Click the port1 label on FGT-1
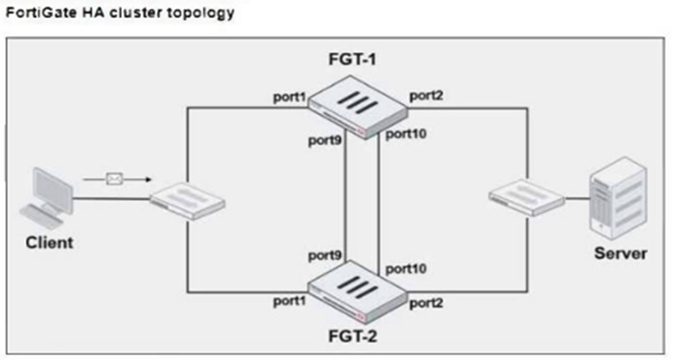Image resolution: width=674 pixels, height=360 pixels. (x=289, y=98)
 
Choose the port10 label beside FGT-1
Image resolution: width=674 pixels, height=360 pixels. (x=406, y=134)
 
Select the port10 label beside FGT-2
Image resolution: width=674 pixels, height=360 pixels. (x=406, y=268)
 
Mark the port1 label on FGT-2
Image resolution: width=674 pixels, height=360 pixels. (x=289, y=302)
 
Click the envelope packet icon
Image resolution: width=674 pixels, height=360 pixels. (x=115, y=180)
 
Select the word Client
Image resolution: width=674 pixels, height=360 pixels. (x=49, y=242)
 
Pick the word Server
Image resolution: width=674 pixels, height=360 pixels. (x=620, y=253)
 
